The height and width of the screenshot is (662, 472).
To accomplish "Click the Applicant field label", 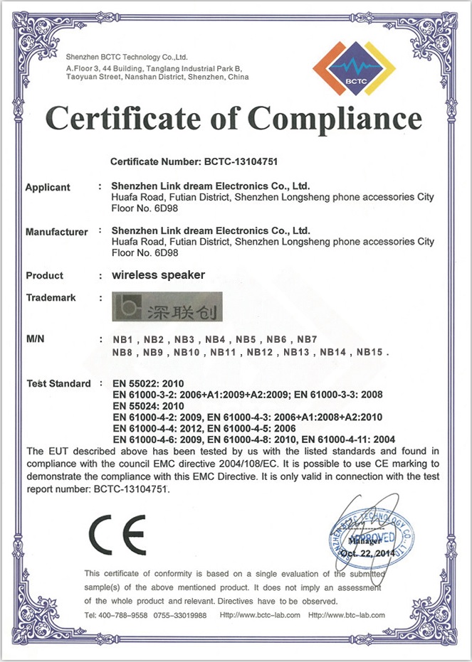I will (48, 188).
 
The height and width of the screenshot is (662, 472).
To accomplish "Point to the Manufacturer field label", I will (56, 232).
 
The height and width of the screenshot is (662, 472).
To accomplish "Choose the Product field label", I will (44, 276).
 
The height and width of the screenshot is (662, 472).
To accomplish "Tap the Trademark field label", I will (51, 298).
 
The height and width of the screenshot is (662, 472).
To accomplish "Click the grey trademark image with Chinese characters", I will (167, 307).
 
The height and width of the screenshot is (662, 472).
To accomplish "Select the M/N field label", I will (35, 338).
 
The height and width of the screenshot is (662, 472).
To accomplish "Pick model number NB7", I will (307, 338).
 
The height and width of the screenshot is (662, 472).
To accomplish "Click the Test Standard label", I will (58, 384).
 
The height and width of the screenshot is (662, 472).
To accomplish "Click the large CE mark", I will (117, 534).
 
